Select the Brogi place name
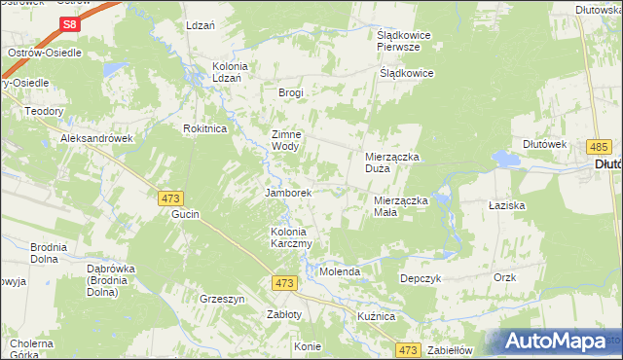click(291, 92)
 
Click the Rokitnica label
click(205, 127)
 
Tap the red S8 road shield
click(69, 24)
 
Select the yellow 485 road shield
click(599, 146)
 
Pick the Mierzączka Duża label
click(391, 162)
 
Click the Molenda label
click(341, 271)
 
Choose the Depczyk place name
click(421, 277)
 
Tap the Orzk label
click(504, 277)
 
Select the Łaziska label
click(506, 206)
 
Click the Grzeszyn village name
click(222, 299)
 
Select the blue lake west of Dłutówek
click(505, 159)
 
